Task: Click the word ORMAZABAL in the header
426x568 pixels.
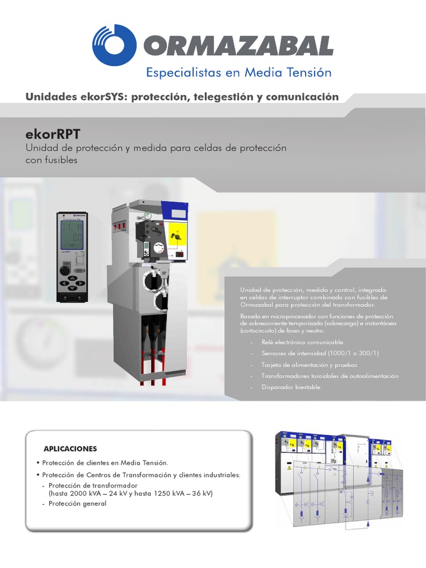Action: pyautogui.click(x=239, y=46)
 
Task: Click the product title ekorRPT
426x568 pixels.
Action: pyautogui.click(x=52, y=134)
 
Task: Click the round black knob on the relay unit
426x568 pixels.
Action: pyautogui.click(x=65, y=270)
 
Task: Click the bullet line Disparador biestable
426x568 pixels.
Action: pyautogui.click(x=291, y=387)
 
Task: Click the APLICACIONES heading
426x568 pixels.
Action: pyautogui.click(x=70, y=448)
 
